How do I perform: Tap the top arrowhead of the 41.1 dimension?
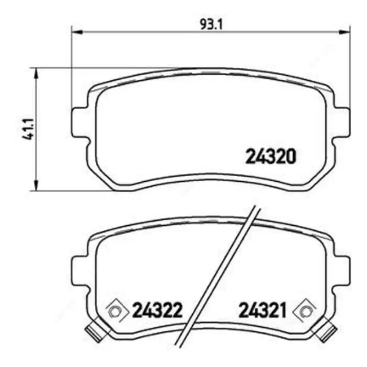tap(36, 73)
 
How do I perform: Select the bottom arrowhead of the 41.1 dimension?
tap(36, 186)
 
